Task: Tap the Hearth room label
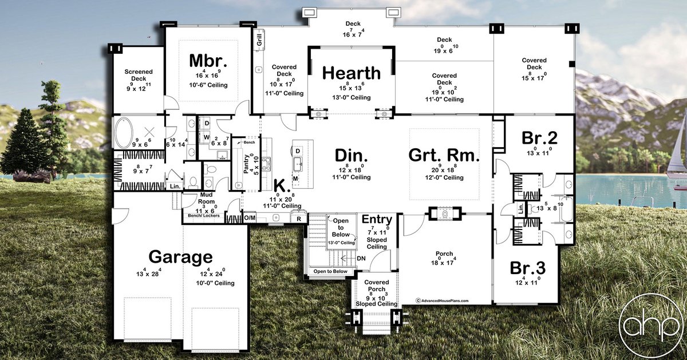click(x=351, y=73)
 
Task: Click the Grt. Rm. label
click(x=444, y=155)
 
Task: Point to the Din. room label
click(x=351, y=155)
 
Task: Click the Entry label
click(x=377, y=220)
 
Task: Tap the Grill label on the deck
click(x=259, y=39)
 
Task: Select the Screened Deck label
click(x=139, y=76)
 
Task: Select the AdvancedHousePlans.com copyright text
click(x=442, y=300)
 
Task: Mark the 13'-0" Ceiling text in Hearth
click(x=351, y=97)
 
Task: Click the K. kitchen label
click(x=280, y=185)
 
